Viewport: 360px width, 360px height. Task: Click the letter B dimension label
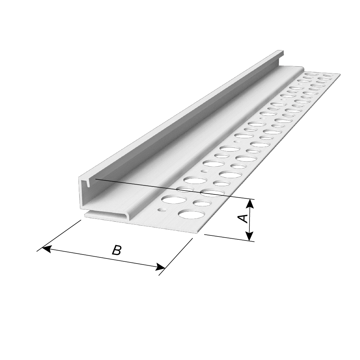pos(116,250)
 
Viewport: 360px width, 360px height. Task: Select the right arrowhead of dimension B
pos(161,267)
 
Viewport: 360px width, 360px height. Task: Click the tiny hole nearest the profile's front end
pos(163,210)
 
